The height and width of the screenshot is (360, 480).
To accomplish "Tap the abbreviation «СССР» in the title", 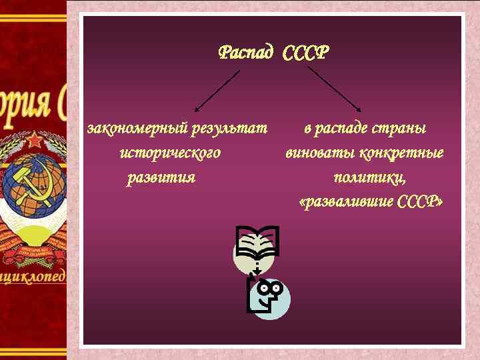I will tap(305, 53).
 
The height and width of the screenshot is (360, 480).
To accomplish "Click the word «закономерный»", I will tap(137, 128).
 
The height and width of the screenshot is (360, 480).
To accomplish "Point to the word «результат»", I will tap(229, 128).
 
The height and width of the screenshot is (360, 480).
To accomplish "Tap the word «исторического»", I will tap(170, 153).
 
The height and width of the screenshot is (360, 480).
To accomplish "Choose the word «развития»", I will tap(161, 177).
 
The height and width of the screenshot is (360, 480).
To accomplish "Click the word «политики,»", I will tap(370, 177).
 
